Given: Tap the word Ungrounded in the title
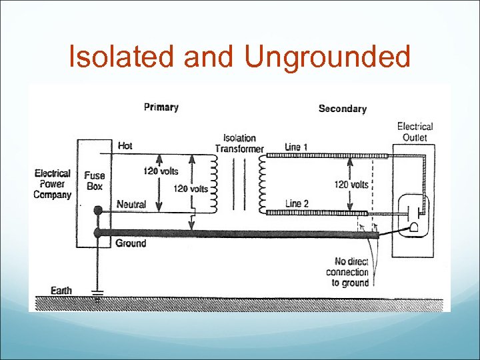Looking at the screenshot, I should pyautogui.click(x=327, y=57).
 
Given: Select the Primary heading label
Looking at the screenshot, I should pyautogui.click(x=161, y=107).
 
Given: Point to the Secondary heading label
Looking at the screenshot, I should pyautogui.click(x=342, y=108).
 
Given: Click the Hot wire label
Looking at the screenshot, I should pyautogui.click(x=125, y=145).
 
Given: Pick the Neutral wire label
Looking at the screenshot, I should pyautogui.click(x=131, y=204).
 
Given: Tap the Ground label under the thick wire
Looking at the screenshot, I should pyautogui.click(x=131, y=243).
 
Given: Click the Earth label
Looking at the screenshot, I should pyautogui.click(x=61, y=291).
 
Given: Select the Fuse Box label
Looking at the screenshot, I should pyautogui.click(x=95, y=181).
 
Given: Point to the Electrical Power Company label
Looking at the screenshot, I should pyautogui.click(x=53, y=184).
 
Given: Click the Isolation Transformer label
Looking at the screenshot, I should pyautogui.click(x=239, y=143).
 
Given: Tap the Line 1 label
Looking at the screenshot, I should pyautogui.click(x=296, y=145).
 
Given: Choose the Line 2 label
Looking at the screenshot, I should pyautogui.click(x=297, y=203).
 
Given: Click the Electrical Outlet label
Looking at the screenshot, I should pyautogui.click(x=415, y=131).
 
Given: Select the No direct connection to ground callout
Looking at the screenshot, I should pyautogui.click(x=347, y=272).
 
